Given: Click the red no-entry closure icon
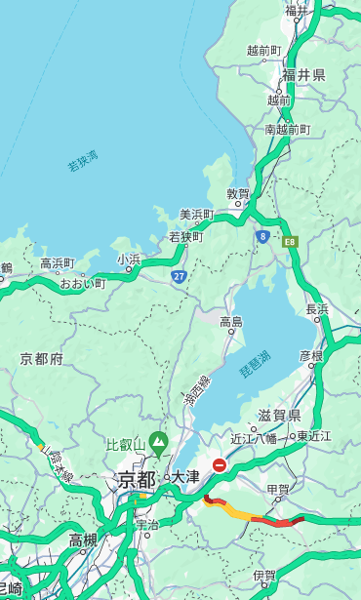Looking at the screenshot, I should tap(220, 465).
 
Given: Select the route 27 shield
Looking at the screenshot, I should tap(180, 276).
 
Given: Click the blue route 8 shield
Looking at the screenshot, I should tap(262, 236).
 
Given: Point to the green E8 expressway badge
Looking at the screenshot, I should tap(290, 239).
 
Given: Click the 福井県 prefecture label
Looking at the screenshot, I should tap(303, 75).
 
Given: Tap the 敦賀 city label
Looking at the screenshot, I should tap(238, 194).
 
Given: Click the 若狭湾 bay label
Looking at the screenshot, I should tap(82, 161).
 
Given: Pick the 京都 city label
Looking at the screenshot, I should tap(137, 479).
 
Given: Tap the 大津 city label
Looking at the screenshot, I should tap(185, 478).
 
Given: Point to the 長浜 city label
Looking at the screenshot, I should tap(318, 309).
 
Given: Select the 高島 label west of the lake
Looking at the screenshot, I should tap(231, 322).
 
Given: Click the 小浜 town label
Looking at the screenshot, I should tap(129, 259).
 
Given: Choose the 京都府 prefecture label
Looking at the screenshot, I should tap(41, 359).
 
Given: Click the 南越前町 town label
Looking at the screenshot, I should tap(287, 129).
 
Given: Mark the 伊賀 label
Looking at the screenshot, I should tap(264, 576).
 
